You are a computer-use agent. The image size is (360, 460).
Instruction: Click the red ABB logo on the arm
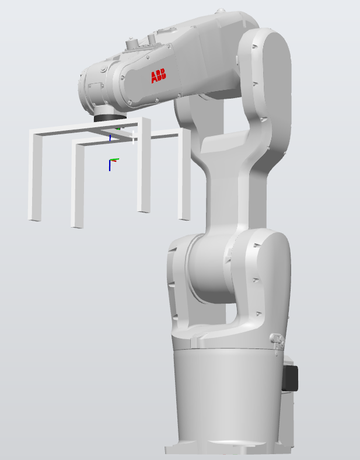(158, 76)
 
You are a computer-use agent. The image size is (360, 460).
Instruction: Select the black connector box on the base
(290, 378)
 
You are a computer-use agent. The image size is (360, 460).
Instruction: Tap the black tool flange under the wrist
(110, 117)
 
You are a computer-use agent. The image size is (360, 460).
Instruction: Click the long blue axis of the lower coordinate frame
(110, 165)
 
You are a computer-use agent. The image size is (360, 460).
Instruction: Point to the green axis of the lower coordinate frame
(114, 159)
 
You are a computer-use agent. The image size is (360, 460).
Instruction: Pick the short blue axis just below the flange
(110, 138)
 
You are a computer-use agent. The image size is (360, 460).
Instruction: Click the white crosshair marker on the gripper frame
(134, 137)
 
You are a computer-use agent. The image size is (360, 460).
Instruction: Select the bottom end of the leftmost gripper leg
(34, 218)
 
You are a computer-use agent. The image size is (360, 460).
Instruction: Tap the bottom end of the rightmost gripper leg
(184, 218)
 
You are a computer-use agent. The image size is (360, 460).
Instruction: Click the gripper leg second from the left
(78, 185)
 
